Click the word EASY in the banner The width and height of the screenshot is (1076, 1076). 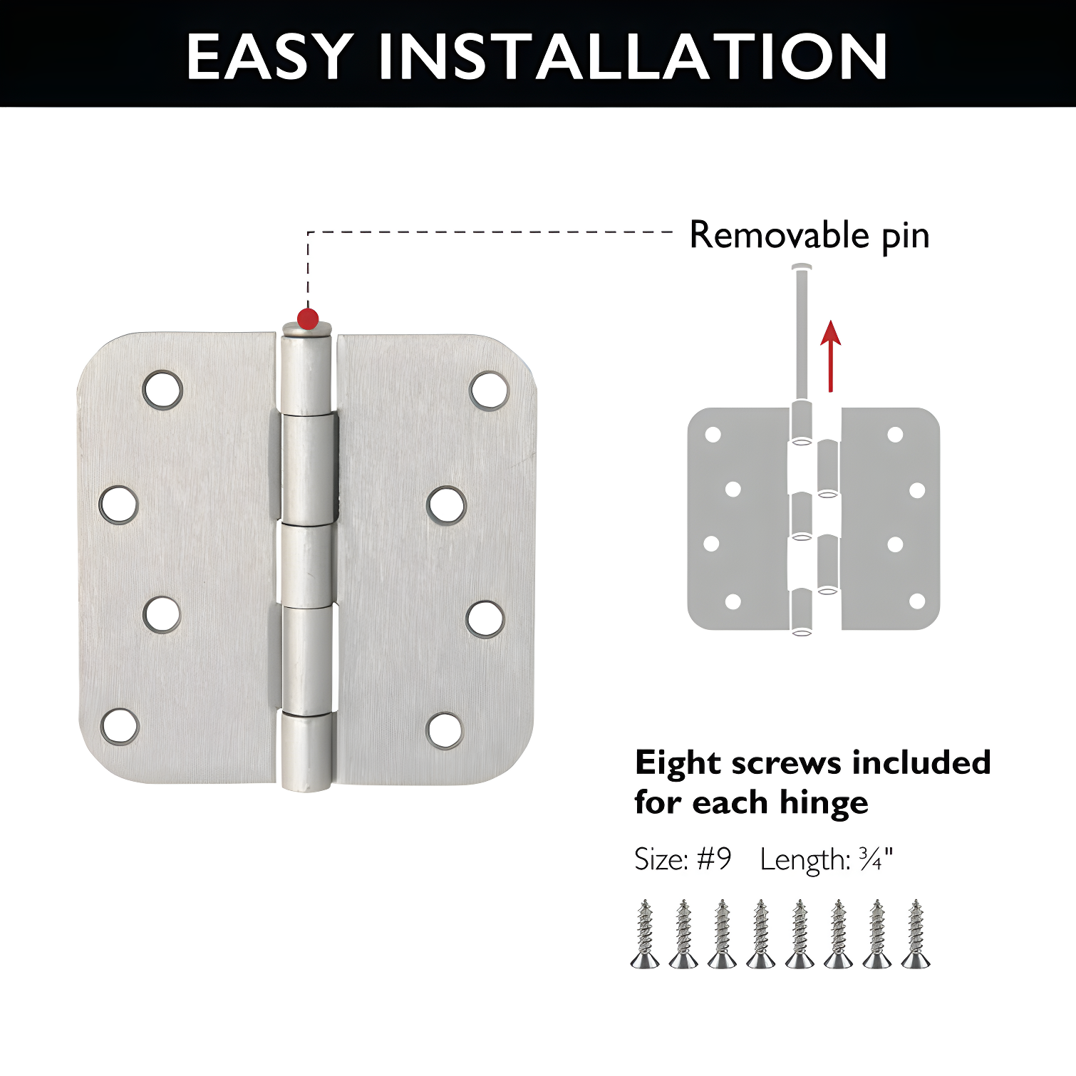tap(269, 57)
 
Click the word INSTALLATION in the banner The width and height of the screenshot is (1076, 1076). tap(633, 57)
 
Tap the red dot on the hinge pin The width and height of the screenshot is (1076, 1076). tap(308, 319)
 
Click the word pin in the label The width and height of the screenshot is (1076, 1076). tap(906, 237)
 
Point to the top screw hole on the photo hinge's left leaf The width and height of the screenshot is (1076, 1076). tap(162, 390)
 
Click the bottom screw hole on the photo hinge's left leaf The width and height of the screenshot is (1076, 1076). tap(120, 727)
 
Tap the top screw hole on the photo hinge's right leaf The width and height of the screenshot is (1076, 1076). tap(490, 390)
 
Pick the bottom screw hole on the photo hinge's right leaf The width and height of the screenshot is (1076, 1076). tap(445, 730)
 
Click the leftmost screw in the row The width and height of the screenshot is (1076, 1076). tap(645, 934)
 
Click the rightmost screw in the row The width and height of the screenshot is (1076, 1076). tap(916, 934)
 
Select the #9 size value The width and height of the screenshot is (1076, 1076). tap(714, 859)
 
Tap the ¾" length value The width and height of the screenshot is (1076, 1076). tap(875, 859)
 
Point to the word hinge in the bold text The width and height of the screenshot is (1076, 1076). tap(824, 803)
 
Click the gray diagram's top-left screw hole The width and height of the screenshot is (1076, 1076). tap(713, 435)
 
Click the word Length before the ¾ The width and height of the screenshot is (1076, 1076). tap(804, 860)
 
